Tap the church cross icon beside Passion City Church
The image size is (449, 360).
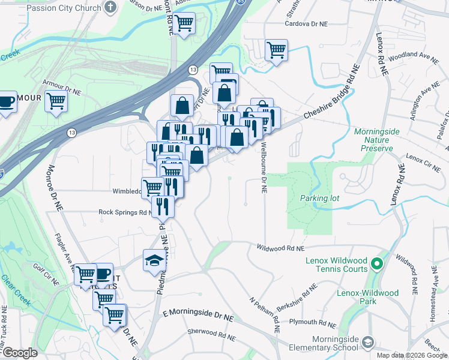(x=110, y=8)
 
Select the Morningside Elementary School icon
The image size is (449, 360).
(x=367, y=343)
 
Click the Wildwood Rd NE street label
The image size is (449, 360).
(x=281, y=247)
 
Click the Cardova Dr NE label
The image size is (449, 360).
(x=306, y=25)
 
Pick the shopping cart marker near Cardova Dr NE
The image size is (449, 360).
(x=276, y=50)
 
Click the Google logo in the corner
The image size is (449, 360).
(x=19, y=353)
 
